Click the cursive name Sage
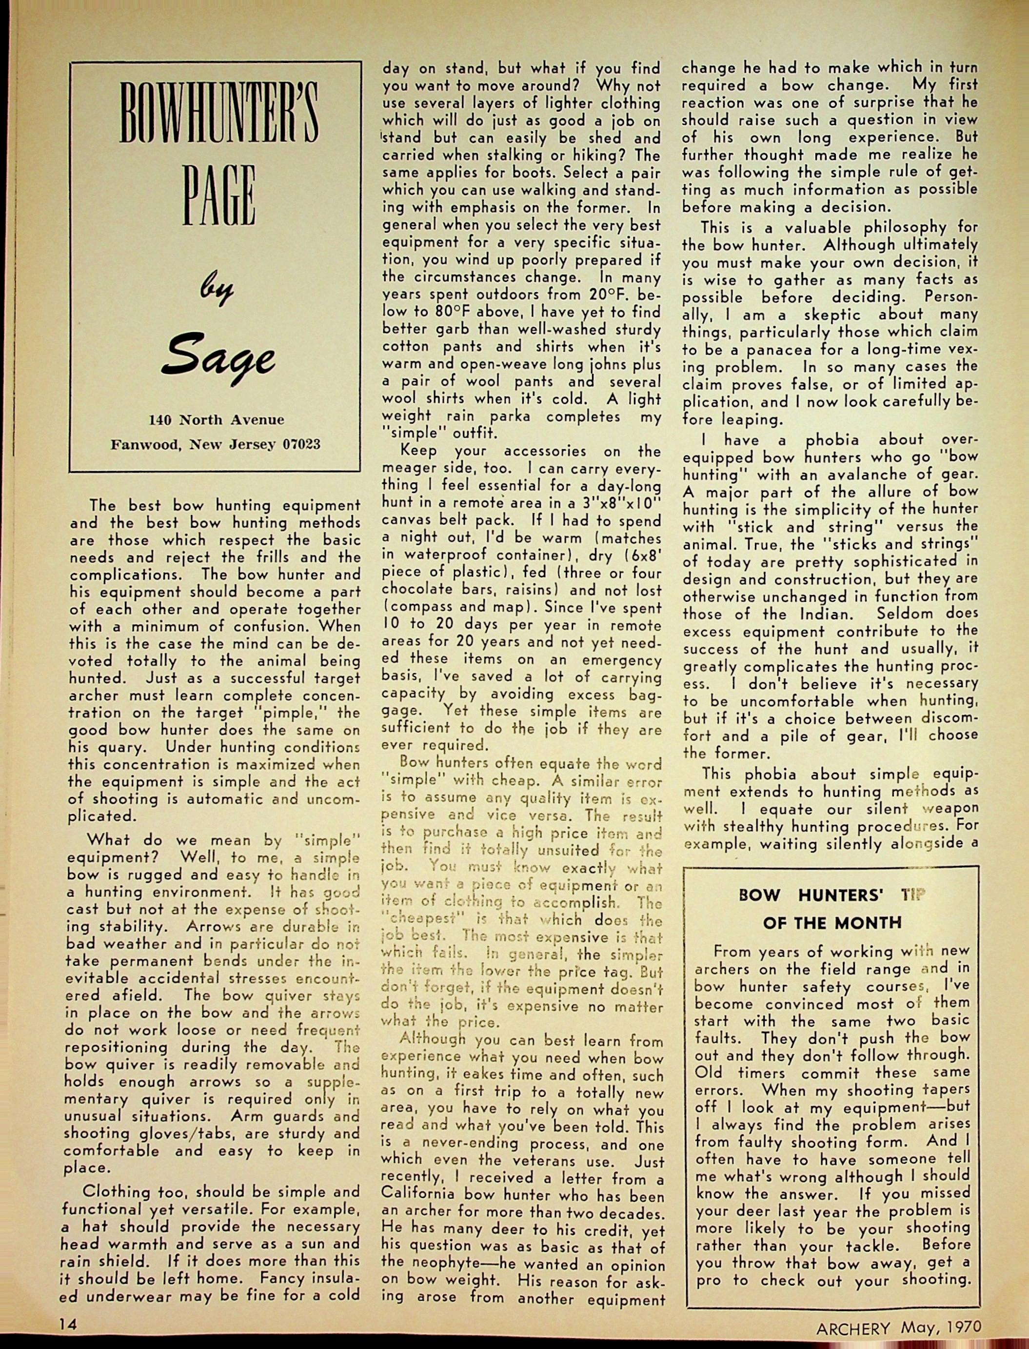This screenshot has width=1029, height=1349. coord(218,359)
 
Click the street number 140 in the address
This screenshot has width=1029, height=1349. coord(160,419)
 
